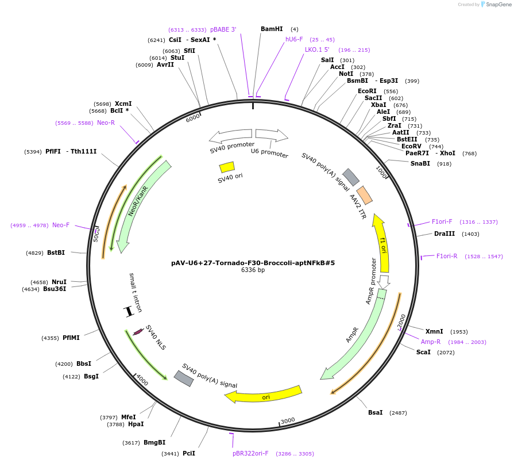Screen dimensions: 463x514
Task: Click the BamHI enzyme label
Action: pyautogui.click(x=272, y=29)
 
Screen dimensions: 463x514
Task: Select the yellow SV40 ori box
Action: pyautogui.click(x=227, y=167)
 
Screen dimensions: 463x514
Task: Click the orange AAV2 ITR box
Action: pyautogui.click(x=364, y=195)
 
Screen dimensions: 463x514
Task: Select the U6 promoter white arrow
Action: pyautogui.click(x=271, y=135)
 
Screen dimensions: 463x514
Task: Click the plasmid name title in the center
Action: pyautogui.click(x=253, y=263)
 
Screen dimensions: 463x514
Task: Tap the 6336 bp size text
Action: pyautogui.click(x=253, y=270)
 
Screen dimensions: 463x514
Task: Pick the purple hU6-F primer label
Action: pyautogui.click(x=294, y=40)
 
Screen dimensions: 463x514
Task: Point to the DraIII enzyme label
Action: pyautogui.click(x=444, y=234)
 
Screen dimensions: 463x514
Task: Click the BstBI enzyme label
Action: pyautogui.click(x=56, y=253)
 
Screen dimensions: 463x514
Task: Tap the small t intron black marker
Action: pyautogui.click(x=129, y=311)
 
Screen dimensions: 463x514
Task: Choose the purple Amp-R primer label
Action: pyautogui.click(x=431, y=342)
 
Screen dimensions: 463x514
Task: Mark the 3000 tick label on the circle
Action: pyautogui.click(x=288, y=420)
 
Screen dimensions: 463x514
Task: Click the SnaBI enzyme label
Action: pyautogui.click(x=420, y=164)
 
